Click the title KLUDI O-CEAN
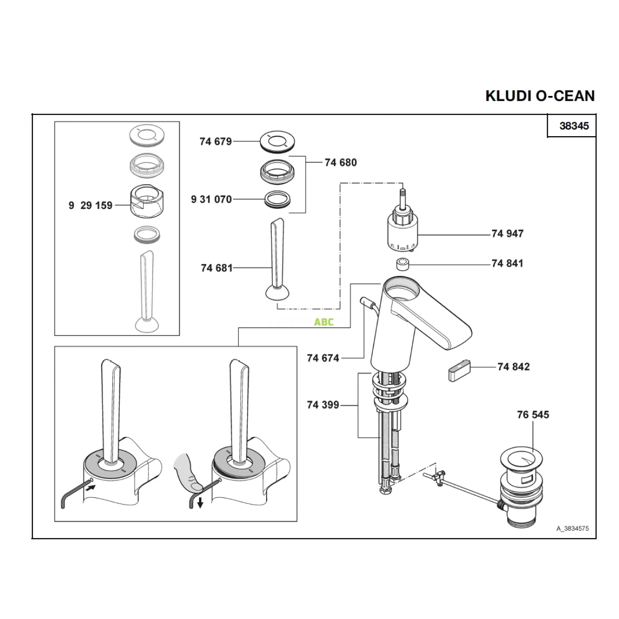pyautogui.click(x=540, y=96)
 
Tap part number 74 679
pyautogui.click(x=216, y=141)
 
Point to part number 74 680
pyautogui.click(x=340, y=162)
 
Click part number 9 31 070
pyautogui.click(x=211, y=199)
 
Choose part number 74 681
pyautogui.click(x=217, y=268)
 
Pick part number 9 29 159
pyautogui.click(x=90, y=205)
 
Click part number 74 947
pyautogui.click(x=508, y=234)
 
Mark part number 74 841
pyautogui.click(x=508, y=264)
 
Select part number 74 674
pyautogui.click(x=323, y=358)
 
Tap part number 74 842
pyautogui.click(x=514, y=367)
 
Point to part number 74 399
pyautogui.click(x=323, y=405)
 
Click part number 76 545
pyautogui.click(x=533, y=414)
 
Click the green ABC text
pyautogui.click(x=324, y=322)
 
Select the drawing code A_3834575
pyautogui.click(x=572, y=529)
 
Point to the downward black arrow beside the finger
pyautogui.click(x=199, y=503)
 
